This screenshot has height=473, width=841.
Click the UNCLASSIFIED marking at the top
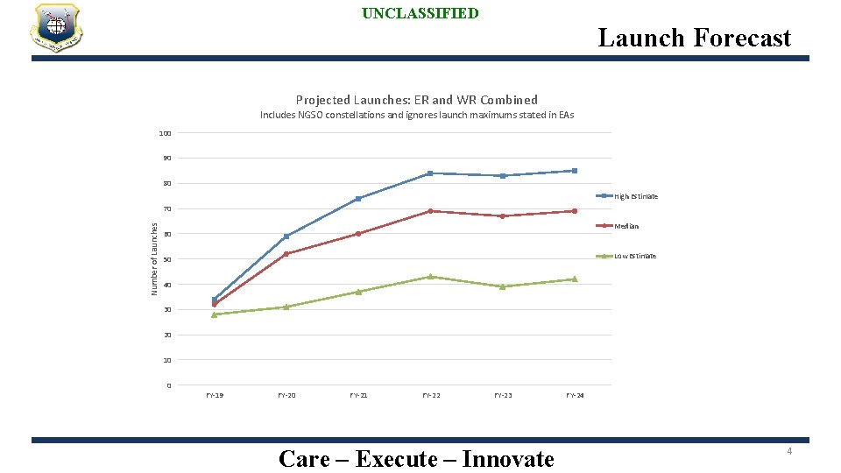click(420, 13)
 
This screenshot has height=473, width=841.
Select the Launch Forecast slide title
click(694, 38)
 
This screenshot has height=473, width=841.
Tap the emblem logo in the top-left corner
click(56, 27)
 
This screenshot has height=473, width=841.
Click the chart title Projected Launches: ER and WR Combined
click(416, 100)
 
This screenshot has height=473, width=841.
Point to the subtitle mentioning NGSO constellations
click(416, 115)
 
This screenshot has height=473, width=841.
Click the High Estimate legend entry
click(635, 196)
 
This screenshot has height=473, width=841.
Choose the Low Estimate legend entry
click(634, 256)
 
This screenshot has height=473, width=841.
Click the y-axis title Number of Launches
click(154, 258)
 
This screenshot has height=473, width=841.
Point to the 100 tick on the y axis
click(165, 133)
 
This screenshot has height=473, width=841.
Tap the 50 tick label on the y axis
click(166, 259)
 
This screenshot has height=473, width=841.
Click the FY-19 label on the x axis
click(215, 396)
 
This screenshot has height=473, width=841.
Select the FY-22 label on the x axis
click(431, 396)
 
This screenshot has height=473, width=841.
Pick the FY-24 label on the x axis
click(575, 396)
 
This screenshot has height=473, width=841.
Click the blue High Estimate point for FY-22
click(430, 173)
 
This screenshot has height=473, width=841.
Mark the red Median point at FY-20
click(286, 254)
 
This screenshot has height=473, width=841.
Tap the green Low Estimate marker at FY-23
click(502, 286)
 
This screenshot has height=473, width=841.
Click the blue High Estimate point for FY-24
click(574, 171)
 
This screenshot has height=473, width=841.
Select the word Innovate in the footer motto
click(508, 459)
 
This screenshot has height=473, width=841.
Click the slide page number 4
click(788, 451)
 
